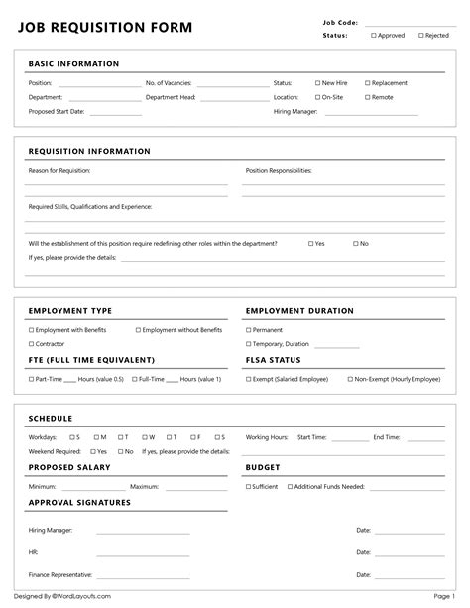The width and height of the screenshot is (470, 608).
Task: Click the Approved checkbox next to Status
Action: pos(374,35)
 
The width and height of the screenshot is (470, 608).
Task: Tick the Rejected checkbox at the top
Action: pos(420,35)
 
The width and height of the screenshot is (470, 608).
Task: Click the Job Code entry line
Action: pos(409,23)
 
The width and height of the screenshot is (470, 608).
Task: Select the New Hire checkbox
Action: pos(317,83)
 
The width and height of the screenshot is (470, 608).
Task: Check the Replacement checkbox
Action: pos(367,83)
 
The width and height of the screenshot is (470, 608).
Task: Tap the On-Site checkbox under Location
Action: pos(317,97)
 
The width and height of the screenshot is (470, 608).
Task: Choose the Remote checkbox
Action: pos(367,97)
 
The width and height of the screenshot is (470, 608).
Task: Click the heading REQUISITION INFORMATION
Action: pos(89,152)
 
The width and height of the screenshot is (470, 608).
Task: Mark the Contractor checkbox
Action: pos(31,344)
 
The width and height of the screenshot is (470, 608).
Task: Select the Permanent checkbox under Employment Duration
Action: pos(248,330)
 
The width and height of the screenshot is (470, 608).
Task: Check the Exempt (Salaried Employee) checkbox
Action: pos(248,379)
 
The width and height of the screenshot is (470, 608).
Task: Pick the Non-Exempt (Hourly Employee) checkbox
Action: pos(349,379)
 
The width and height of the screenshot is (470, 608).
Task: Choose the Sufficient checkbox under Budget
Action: pos(248,486)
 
